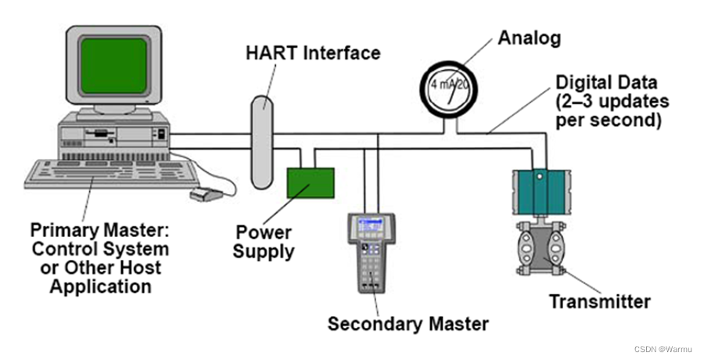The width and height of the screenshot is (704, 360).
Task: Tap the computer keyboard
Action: (102, 174)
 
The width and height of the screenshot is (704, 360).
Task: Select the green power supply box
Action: (311, 182)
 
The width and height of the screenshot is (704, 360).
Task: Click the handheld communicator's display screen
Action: (372, 227)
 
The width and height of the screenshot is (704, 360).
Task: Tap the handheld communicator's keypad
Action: (372, 262)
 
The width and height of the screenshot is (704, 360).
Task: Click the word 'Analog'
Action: (531, 37)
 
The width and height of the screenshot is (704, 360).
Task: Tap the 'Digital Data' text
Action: (605, 81)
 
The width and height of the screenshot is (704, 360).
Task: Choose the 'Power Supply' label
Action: (264, 243)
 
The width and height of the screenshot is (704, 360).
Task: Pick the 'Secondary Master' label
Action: (408, 323)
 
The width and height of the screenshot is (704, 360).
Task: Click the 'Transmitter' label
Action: (599, 301)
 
